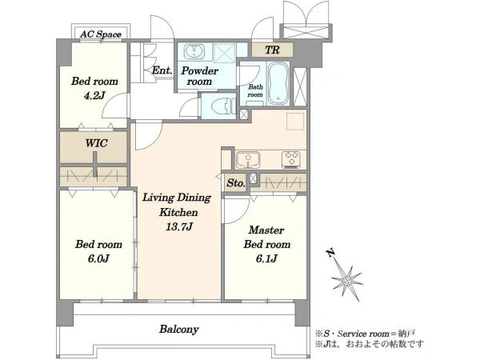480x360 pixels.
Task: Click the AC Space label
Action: pos(101,34)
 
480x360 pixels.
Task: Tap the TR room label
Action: pos(272,50)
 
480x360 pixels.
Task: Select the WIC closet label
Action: pos(96,143)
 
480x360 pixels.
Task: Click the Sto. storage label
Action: pos(236,183)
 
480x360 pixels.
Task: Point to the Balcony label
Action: pos(179,330)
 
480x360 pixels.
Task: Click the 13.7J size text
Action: pos(179,227)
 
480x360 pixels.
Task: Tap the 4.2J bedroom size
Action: pos(94,95)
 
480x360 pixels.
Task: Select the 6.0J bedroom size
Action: pos(98,258)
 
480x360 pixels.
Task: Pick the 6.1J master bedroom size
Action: pos(266,258)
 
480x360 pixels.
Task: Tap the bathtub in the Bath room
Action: pos(278,83)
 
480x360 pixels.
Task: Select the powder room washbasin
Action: pos(194,51)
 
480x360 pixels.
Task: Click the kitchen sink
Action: pos(248,160)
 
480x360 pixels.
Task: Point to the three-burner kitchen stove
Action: pos(291,159)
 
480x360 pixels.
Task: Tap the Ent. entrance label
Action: pos(162,70)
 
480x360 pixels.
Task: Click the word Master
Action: pos(266,230)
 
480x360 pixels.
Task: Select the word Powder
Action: pos(199,70)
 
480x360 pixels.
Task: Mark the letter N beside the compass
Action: pos(330,253)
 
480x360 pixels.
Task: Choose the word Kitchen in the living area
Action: pos(178,212)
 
